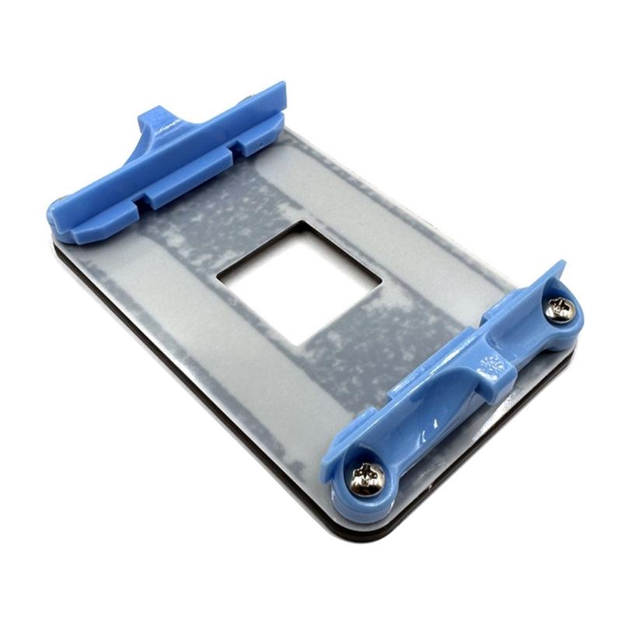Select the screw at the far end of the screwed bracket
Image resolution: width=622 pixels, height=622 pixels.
coord(559,311)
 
